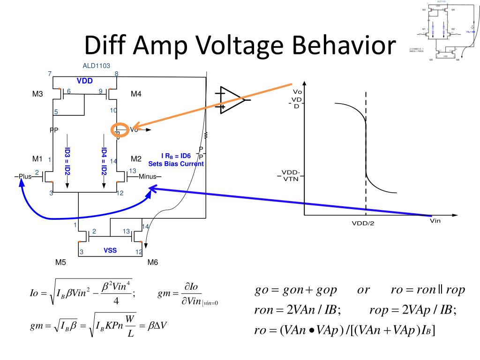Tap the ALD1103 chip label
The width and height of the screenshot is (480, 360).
[x=96, y=66]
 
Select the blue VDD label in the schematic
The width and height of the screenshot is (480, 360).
[x=85, y=81]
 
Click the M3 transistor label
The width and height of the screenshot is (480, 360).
[x=37, y=94]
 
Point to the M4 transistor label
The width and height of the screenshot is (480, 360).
[x=136, y=94]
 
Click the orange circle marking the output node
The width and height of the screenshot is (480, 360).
[x=118, y=130]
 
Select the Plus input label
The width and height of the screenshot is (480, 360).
[x=24, y=177]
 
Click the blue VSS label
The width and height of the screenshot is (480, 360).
[x=110, y=250]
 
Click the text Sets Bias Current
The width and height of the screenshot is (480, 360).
[x=176, y=164]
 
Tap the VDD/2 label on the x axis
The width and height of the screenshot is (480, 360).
[x=363, y=223]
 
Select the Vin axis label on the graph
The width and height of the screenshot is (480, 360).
[x=435, y=221]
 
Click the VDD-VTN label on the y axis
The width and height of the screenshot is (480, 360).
[x=292, y=175]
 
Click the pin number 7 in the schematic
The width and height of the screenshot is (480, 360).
[x=49, y=74]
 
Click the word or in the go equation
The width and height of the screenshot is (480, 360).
[x=363, y=290]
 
